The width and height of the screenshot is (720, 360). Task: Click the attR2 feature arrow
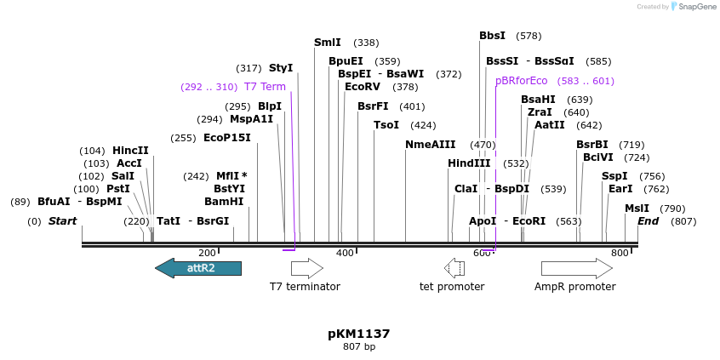tap(198, 269)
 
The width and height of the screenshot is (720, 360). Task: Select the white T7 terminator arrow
tap(306, 269)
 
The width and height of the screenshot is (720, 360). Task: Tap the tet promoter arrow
tap(454, 269)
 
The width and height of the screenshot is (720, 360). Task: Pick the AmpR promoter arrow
tap(576, 269)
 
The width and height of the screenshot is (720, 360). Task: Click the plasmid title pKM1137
tap(358, 334)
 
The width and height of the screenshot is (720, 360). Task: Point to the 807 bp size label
tap(358, 347)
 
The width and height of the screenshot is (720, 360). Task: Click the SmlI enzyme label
tap(328, 43)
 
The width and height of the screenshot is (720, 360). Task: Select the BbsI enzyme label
tap(492, 36)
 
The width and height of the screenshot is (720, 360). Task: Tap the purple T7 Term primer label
tap(265, 87)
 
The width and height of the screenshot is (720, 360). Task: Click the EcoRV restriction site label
tap(363, 87)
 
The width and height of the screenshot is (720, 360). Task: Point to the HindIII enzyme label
tap(469, 163)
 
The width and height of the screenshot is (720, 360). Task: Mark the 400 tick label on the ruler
tap(345, 253)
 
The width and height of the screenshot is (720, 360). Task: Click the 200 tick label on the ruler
tap(207, 253)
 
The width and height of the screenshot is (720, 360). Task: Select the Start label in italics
tap(62, 221)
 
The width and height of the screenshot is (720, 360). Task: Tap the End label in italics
tap(648, 221)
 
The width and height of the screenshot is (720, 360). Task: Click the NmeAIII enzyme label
tap(431, 145)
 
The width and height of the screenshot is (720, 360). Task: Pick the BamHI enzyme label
tap(224, 202)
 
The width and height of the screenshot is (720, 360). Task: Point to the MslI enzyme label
tap(637, 209)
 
